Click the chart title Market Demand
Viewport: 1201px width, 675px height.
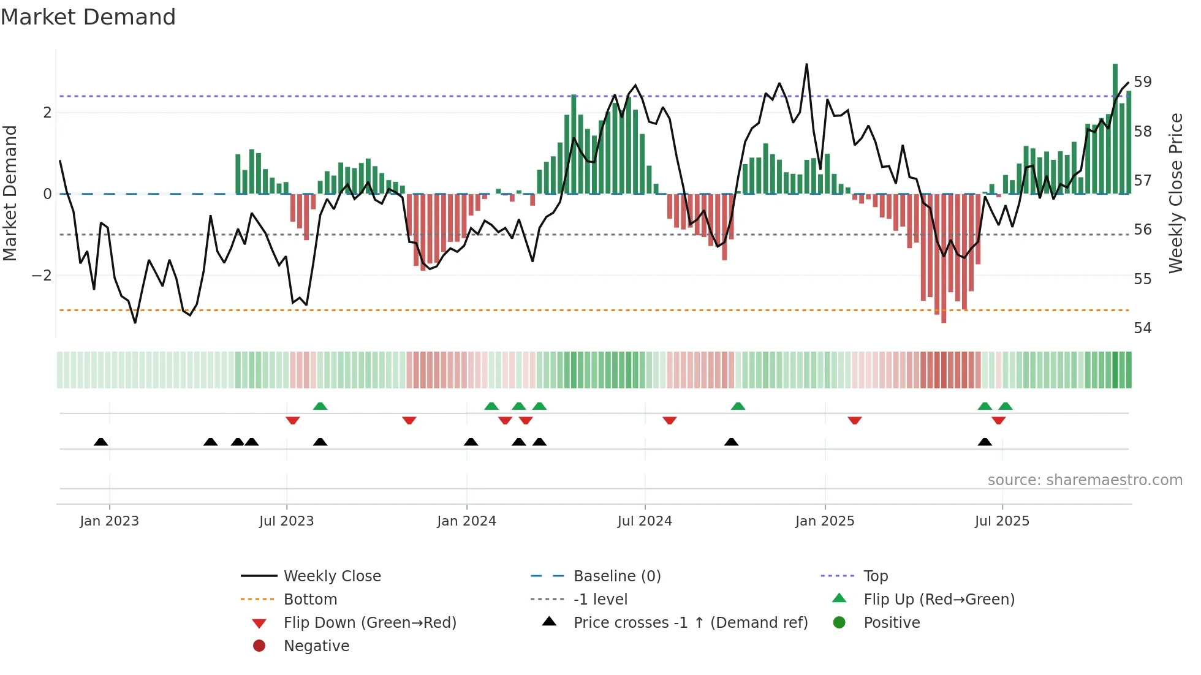88,17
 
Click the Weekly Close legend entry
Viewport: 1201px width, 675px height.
332,576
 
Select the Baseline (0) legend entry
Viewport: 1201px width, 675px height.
616,576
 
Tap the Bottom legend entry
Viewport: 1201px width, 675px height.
310,599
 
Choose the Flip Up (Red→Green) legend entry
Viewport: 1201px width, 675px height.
938,599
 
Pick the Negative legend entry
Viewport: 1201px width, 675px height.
316,646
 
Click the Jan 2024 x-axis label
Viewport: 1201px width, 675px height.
466,521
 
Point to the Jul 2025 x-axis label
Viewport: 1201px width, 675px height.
1002,521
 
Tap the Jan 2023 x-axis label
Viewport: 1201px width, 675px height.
109,521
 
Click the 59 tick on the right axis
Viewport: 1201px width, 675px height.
1142,81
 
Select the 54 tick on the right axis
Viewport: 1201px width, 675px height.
1142,328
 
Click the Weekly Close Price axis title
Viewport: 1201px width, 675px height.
1175,193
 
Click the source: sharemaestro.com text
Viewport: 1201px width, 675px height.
1085,480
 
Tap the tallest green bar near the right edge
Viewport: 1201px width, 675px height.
1115,129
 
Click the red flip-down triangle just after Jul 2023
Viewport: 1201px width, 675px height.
293,420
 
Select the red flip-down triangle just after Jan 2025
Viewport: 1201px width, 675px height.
855,420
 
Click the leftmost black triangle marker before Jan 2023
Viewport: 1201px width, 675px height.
101,442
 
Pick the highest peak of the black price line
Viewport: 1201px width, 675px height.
806,64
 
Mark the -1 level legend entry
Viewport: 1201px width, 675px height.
600,599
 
